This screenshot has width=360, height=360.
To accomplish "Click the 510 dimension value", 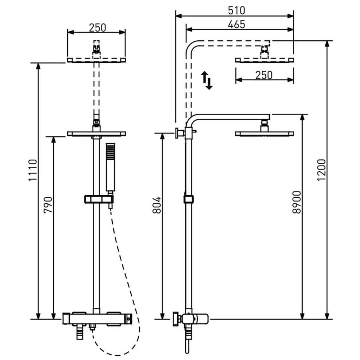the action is [237, 10].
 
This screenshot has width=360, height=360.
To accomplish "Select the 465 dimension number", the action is [237, 24].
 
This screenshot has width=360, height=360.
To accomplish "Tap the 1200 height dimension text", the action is [321, 170].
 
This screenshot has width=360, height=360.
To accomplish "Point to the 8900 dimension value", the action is [297, 202].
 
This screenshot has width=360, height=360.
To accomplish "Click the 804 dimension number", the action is [157, 205].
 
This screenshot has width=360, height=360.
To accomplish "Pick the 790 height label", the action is [48, 205].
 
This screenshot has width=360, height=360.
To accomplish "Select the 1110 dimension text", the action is [33, 170].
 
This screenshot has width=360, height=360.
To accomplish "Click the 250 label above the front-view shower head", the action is [98, 28].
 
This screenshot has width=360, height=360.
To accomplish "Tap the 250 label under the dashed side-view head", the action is [264, 75].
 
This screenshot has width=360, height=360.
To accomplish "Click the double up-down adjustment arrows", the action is [207, 80].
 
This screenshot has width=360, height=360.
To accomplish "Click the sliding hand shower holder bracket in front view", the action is [99, 199].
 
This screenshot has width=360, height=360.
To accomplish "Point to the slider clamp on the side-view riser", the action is [189, 199].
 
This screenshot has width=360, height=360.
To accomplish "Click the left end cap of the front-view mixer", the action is [66, 319].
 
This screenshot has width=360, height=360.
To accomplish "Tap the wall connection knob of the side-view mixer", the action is [176, 319].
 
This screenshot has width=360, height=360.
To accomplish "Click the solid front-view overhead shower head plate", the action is [96, 134].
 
